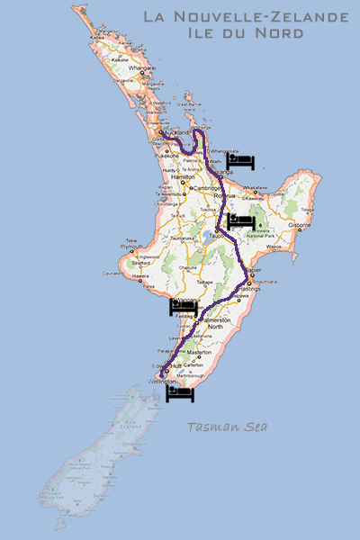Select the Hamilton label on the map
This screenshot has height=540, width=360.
pyautogui.click(x=183, y=179)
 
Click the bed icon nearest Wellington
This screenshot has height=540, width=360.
pyautogui.click(x=180, y=391)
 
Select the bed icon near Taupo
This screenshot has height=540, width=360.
pyautogui.click(x=241, y=220)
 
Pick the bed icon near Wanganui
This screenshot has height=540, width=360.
pyautogui.click(x=183, y=309)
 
